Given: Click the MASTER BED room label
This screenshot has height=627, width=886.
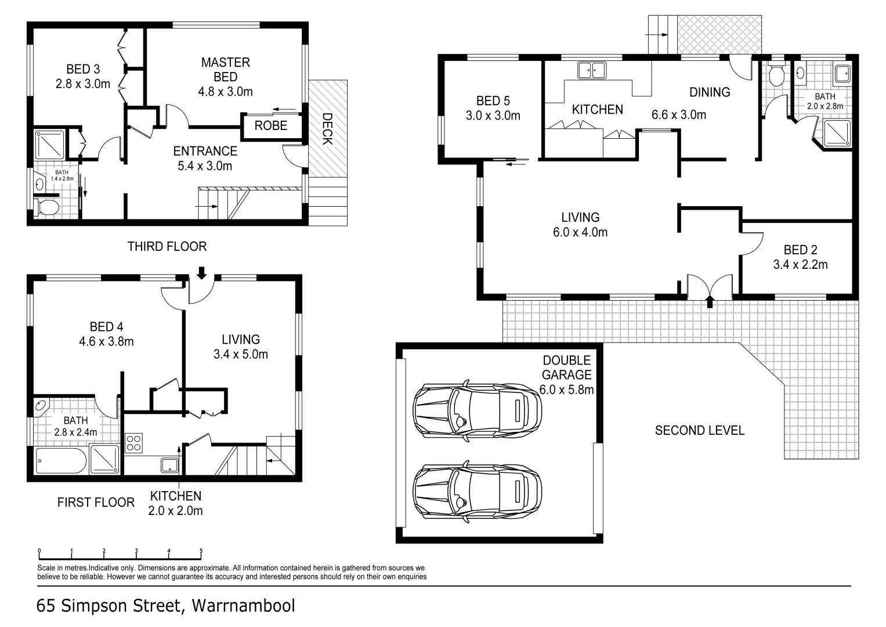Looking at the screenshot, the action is click(226, 70).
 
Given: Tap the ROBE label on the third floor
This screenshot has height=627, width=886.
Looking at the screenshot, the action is click(271, 126).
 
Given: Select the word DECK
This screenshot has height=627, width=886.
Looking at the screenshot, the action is click(327, 129).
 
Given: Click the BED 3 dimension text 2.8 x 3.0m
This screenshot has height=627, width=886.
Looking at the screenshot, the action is click(83, 84).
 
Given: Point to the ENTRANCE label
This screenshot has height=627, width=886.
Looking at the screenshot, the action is click(205, 151).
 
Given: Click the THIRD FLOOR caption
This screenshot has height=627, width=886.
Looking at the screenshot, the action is click(167, 247).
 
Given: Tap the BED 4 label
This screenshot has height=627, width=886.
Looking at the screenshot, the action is click(106, 327).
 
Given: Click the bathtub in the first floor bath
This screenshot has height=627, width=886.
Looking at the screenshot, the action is click(61, 461).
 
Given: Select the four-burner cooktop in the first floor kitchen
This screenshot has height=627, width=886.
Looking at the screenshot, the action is click(133, 444).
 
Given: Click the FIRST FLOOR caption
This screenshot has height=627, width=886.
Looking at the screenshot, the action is click(96, 502).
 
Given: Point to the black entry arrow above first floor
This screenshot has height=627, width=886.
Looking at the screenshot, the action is click(202, 273).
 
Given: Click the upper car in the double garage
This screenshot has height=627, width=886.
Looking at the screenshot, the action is click(477, 411).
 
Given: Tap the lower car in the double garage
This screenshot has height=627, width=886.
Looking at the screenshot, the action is click(477, 492).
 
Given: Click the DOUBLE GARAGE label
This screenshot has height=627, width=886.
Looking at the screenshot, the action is click(567, 367).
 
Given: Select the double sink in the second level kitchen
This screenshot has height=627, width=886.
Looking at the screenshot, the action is click(591, 70).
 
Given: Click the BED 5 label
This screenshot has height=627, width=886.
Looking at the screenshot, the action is click(493, 101).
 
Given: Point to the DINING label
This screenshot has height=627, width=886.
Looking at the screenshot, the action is click(710, 92).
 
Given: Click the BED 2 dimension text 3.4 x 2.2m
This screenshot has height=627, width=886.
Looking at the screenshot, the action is click(801, 264).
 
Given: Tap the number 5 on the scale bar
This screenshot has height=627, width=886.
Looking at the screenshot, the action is click(201, 550).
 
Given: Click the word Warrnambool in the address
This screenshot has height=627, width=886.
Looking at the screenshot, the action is click(243, 606).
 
